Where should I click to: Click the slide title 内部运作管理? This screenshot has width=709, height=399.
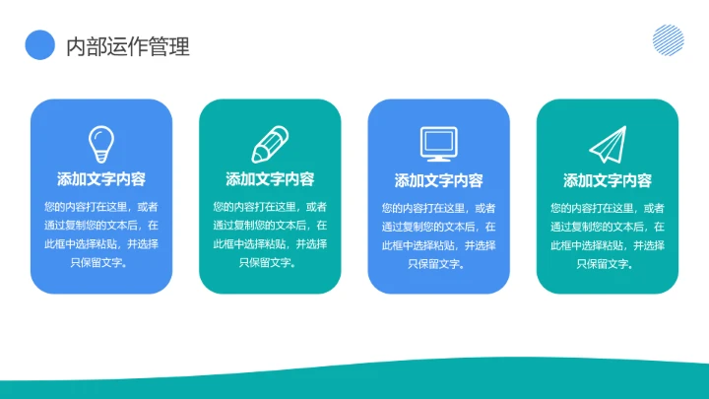pos(127,46)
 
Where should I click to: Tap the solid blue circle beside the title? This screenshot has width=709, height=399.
pos(39,45)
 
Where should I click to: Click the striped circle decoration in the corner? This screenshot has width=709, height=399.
pos(668,39)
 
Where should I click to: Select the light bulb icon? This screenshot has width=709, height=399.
pos(101,144)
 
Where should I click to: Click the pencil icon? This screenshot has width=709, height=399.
pos(270,144)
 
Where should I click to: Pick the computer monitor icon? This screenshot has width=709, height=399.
pos(438,144)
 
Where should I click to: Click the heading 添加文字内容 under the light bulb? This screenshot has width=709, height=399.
pos(101,179)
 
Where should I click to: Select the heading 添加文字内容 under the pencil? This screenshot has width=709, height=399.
pos(270,179)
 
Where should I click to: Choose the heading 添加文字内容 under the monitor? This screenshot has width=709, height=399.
pos(439,180)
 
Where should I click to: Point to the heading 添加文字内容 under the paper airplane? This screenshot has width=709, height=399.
pos(608,180)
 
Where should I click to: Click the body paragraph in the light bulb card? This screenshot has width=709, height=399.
pos(101,234)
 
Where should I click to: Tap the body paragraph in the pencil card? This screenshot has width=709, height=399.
pos(270,234)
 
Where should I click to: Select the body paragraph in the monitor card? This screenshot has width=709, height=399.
pos(439,235)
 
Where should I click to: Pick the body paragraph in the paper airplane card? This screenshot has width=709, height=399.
pos(608,235)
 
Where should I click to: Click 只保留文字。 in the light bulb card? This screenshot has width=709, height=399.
pos(101,263)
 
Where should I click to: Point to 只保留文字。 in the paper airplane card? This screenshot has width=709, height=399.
pos(608,263)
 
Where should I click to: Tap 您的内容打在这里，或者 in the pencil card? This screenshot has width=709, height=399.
pos(270,207)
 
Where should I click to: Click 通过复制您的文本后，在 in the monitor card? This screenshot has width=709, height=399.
pos(439,226)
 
